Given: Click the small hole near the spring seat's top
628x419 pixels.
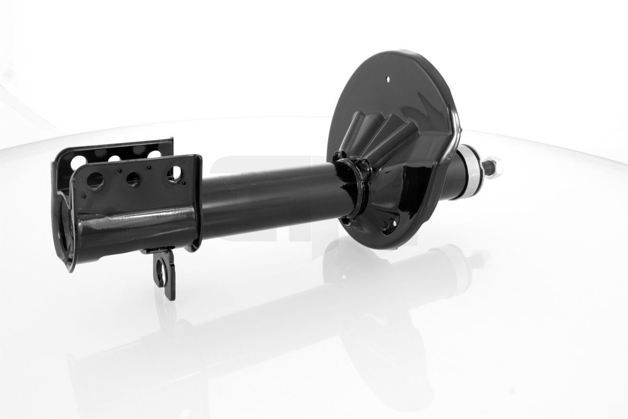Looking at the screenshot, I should click(388, 80).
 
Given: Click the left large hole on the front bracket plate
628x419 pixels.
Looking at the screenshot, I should click(95, 181).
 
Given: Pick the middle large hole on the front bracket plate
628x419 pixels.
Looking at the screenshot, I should click(133, 179).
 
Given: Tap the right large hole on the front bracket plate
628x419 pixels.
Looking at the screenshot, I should click(174, 173).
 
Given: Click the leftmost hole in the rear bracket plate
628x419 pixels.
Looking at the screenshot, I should click(78, 161).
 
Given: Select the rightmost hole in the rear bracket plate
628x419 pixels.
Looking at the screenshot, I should click(154, 154).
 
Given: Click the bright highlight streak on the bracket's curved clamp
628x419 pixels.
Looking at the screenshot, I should click(131, 217).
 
